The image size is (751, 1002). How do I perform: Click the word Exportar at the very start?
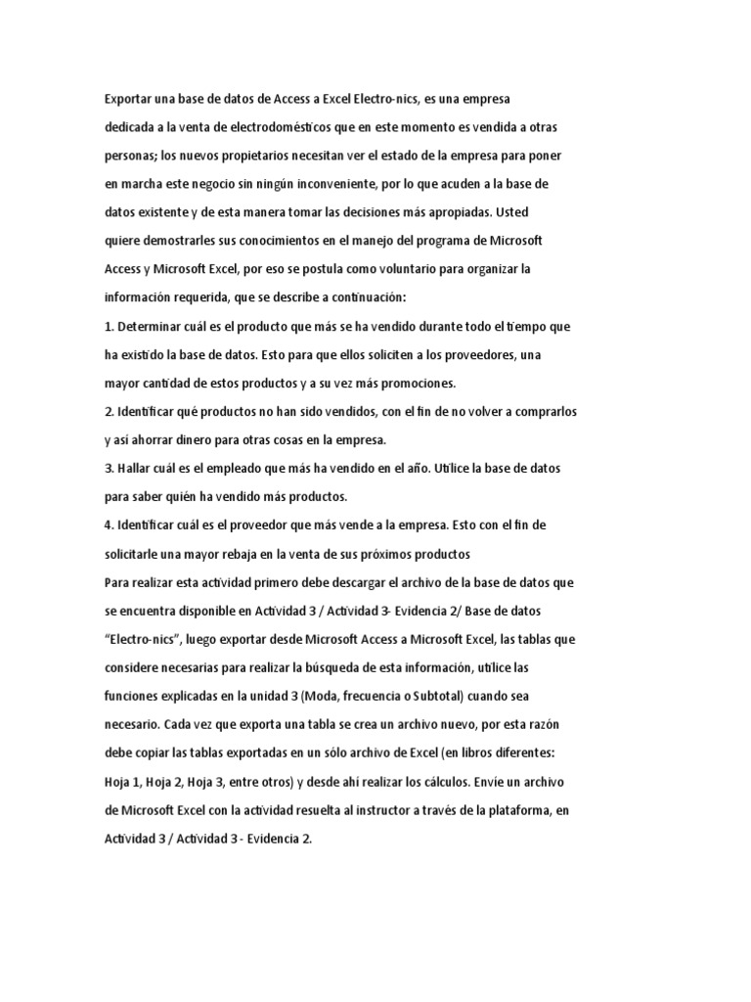point(130,99)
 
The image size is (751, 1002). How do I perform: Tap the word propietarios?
point(245,156)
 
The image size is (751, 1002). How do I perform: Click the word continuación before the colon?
point(382,296)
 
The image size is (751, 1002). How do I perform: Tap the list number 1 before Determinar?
point(108,325)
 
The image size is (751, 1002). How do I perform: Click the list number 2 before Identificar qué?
point(108,411)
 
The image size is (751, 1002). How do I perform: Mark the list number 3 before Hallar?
point(108,468)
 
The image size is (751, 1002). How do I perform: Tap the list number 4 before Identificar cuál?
point(108,524)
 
